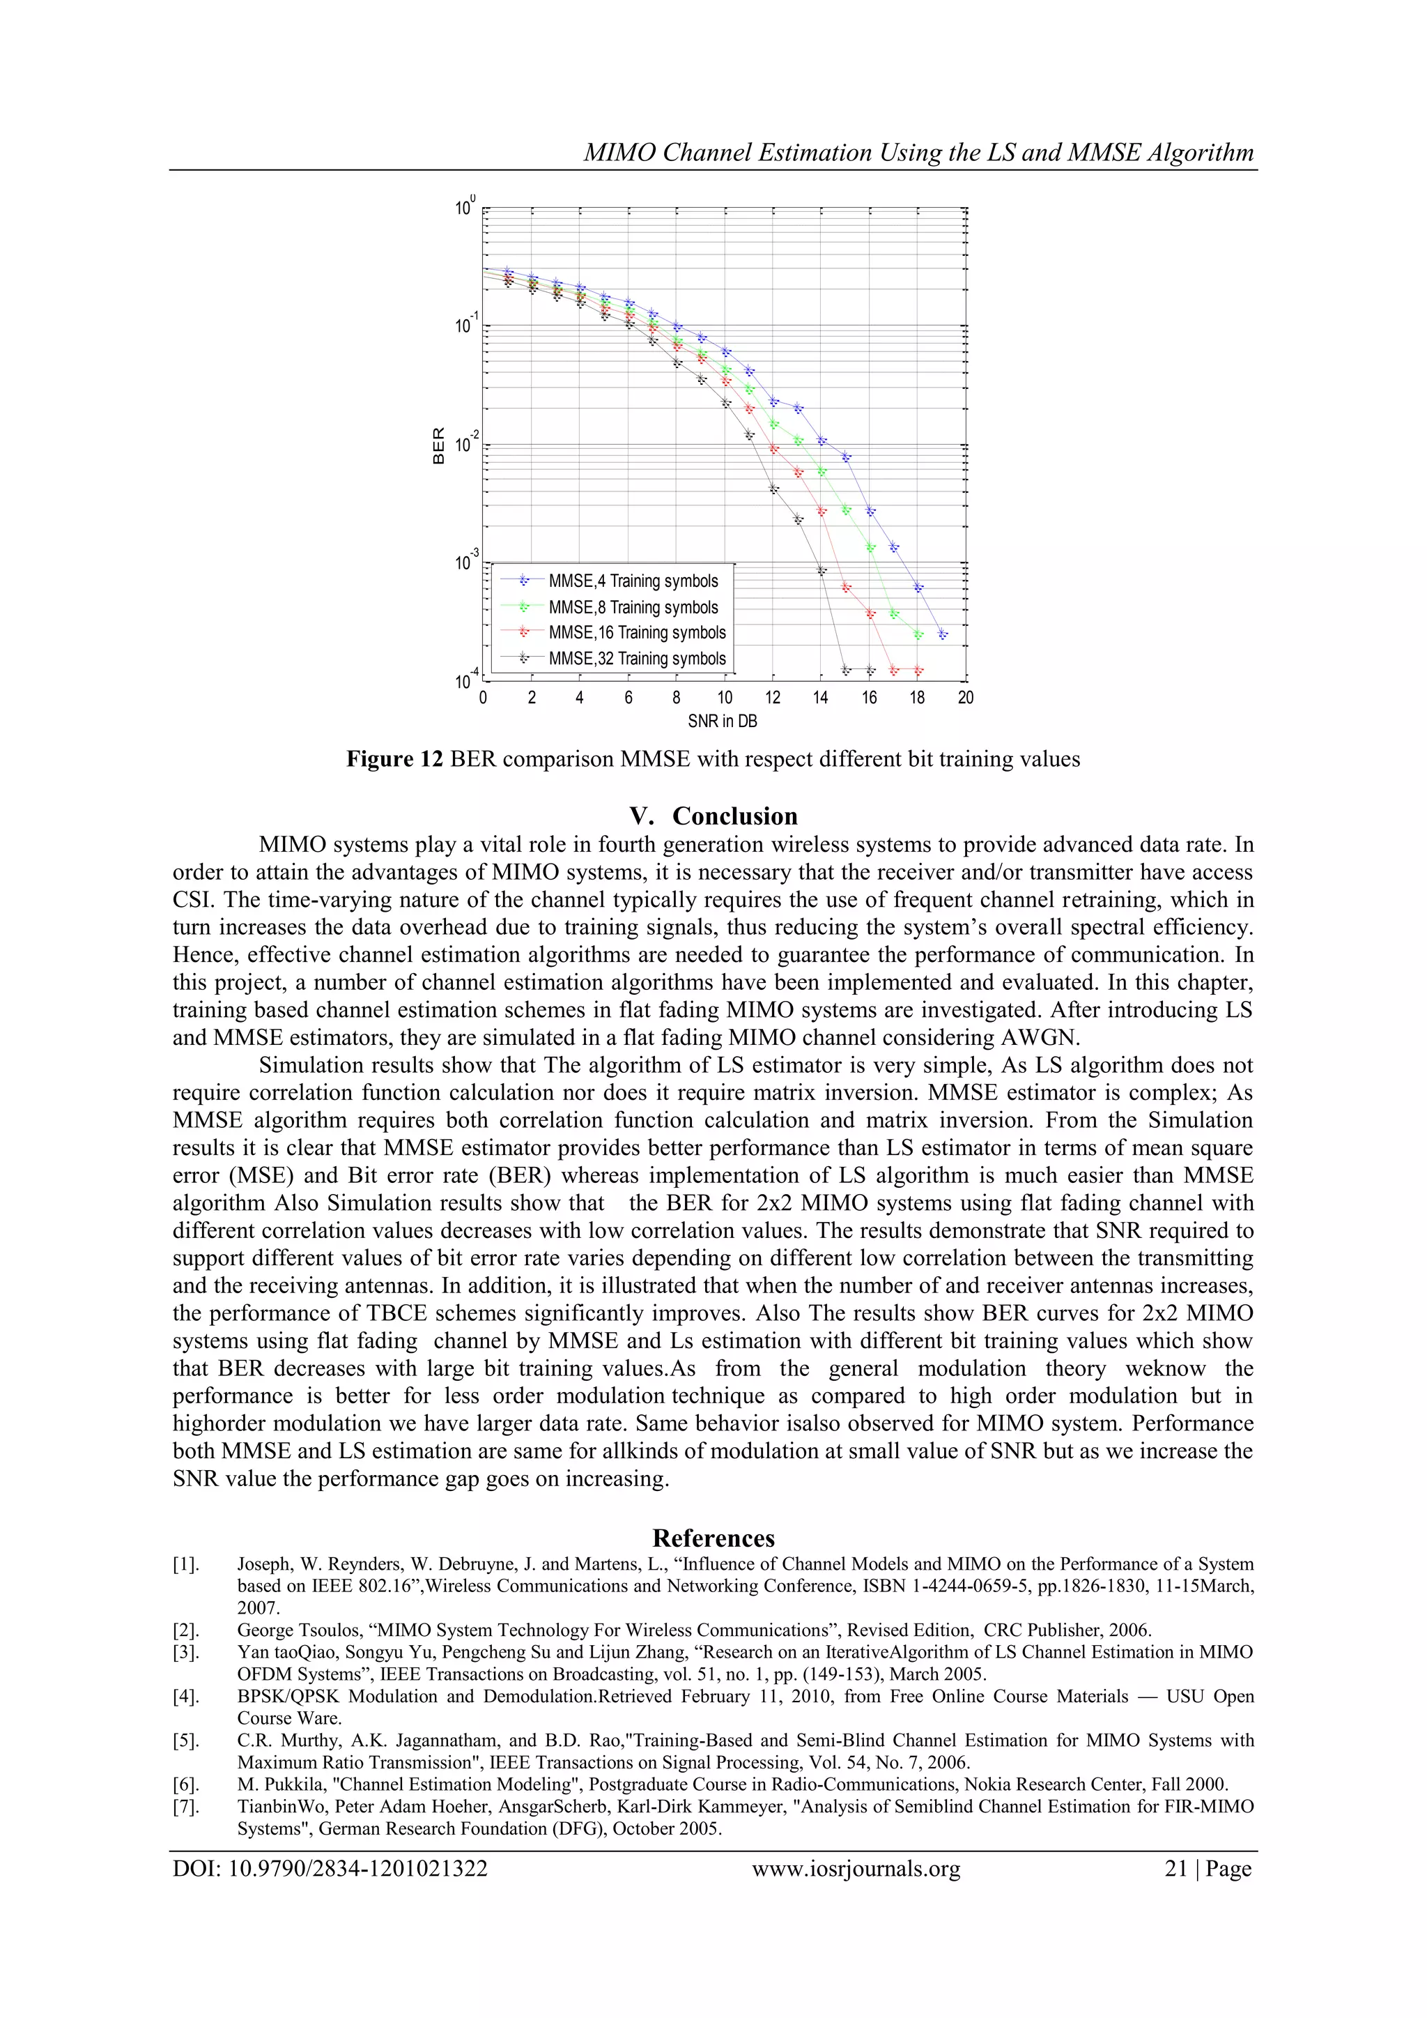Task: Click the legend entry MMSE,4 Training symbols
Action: click(x=633, y=581)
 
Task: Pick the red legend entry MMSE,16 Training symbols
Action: click(x=637, y=633)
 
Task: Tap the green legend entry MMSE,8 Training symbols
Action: click(x=633, y=607)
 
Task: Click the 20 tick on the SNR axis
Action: click(x=966, y=698)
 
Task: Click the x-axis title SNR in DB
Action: click(x=723, y=721)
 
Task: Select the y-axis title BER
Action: click(x=440, y=445)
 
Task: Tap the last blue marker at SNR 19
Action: click(x=942, y=634)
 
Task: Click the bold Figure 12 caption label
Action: click(x=394, y=759)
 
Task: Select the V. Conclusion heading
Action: click(x=713, y=816)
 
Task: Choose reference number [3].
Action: click(x=185, y=1652)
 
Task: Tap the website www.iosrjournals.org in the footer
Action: click(x=856, y=1869)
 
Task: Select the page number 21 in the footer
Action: click(x=1175, y=1869)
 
